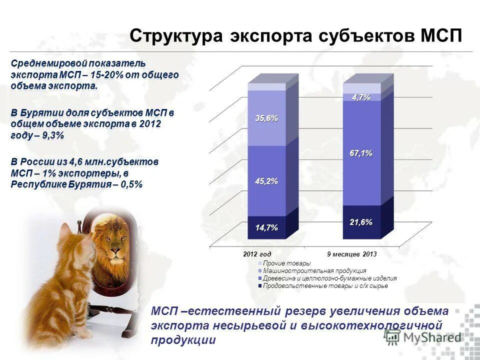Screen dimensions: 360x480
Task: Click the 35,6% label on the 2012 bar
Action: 266,118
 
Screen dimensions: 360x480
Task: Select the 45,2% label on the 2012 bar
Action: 266,181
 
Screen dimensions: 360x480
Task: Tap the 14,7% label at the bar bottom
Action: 266,228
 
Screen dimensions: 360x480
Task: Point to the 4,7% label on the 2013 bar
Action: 361,97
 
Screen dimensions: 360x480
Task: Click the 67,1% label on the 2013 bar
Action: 361,153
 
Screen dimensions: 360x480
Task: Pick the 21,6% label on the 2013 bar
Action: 361,222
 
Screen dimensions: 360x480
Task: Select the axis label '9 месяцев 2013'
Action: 351,254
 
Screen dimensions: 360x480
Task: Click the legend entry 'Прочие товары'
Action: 286,263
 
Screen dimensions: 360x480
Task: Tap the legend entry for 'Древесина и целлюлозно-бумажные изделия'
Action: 329,278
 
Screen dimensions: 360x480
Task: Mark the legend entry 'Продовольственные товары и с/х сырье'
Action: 325,286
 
